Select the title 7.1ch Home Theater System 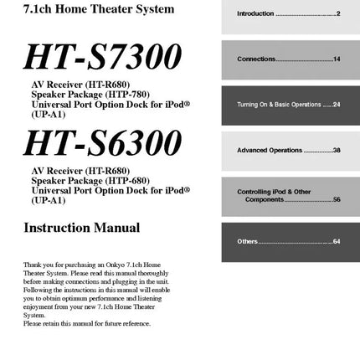click(x=76, y=10)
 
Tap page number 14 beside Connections click(x=337, y=59)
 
